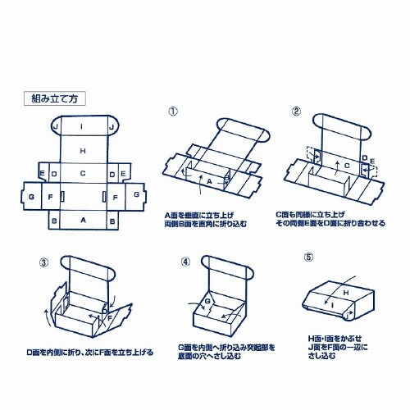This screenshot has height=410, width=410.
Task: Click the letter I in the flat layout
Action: click(83, 127)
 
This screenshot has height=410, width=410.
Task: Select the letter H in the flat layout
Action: click(83, 152)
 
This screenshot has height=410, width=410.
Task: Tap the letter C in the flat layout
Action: click(83, 174)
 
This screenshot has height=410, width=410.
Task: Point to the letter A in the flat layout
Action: click(83, 221)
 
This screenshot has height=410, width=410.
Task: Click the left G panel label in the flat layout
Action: click(31, 198)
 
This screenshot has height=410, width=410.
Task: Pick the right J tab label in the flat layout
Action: click(112, 128)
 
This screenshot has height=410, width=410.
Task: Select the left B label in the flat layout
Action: click(54, 221)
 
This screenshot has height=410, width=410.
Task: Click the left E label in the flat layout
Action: click(42, 174)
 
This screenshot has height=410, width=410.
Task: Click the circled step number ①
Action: click(172, 112)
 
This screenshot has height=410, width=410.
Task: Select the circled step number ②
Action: click(294, 112)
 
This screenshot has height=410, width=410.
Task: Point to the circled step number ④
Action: click(185, 262)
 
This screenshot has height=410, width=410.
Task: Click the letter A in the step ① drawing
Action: click(209, 180)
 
